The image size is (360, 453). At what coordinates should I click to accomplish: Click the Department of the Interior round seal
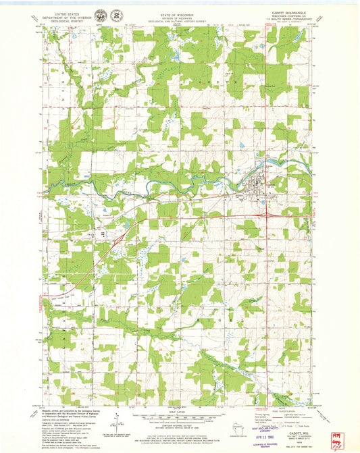(x=101, y=15)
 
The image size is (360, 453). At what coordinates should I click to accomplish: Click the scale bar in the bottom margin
(x=180, y=412)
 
